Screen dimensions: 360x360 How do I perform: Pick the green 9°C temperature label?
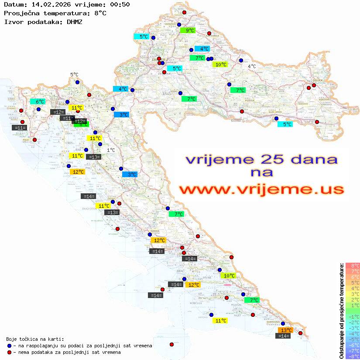click(x=190, y=31)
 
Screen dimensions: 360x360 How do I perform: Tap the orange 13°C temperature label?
click(x=286, y=330)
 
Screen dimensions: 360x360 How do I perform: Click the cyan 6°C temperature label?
click(x=40, y=102)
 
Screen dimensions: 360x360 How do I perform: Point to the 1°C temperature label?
click(x=111, y=150)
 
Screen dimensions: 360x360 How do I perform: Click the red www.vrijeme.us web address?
click(x=261, y=190)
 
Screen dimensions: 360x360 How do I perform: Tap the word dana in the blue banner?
click(x=310, y=159)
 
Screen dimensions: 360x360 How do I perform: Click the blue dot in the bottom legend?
click(x=9, y=346)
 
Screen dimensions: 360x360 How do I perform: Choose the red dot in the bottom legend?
click(x=9, y=352)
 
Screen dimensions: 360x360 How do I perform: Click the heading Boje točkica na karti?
click(x=35, y=339)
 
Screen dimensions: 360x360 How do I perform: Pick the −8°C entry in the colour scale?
click(x=352, y=356)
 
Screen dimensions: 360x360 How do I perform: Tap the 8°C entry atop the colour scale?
click(x=353, y=265)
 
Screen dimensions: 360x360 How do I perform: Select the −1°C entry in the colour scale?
click(x=352, y=316)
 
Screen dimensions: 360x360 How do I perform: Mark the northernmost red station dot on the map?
click(x=184, y=13)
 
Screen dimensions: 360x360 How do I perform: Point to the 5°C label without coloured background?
click(x=74, y=75)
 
